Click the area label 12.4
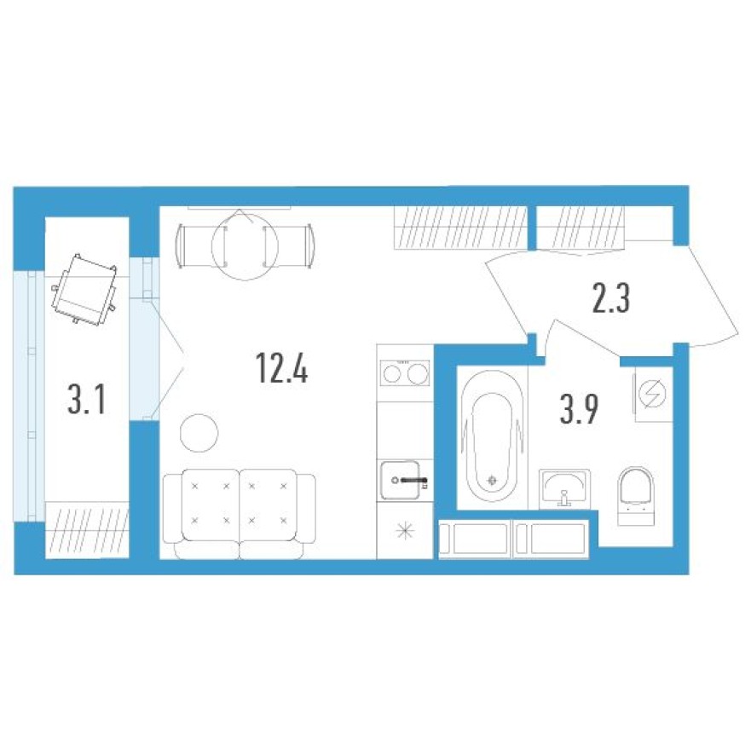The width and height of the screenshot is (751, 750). [280, 368]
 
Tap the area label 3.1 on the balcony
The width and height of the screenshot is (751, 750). [86, 398]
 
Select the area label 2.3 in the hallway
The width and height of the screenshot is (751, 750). [610, 301]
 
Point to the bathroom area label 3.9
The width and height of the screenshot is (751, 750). [580, 410]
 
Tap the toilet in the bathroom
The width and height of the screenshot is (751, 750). [636, 495]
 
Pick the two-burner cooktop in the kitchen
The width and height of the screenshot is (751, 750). [405, 373]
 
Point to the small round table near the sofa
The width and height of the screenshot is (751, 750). [199, 432]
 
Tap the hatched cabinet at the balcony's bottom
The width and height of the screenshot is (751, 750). [87, 530]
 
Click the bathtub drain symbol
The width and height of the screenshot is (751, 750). [493, 480]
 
